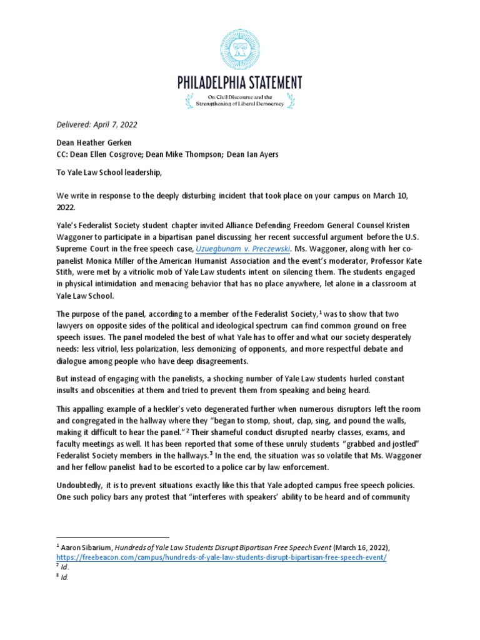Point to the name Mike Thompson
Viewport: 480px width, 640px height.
[207, 153]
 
